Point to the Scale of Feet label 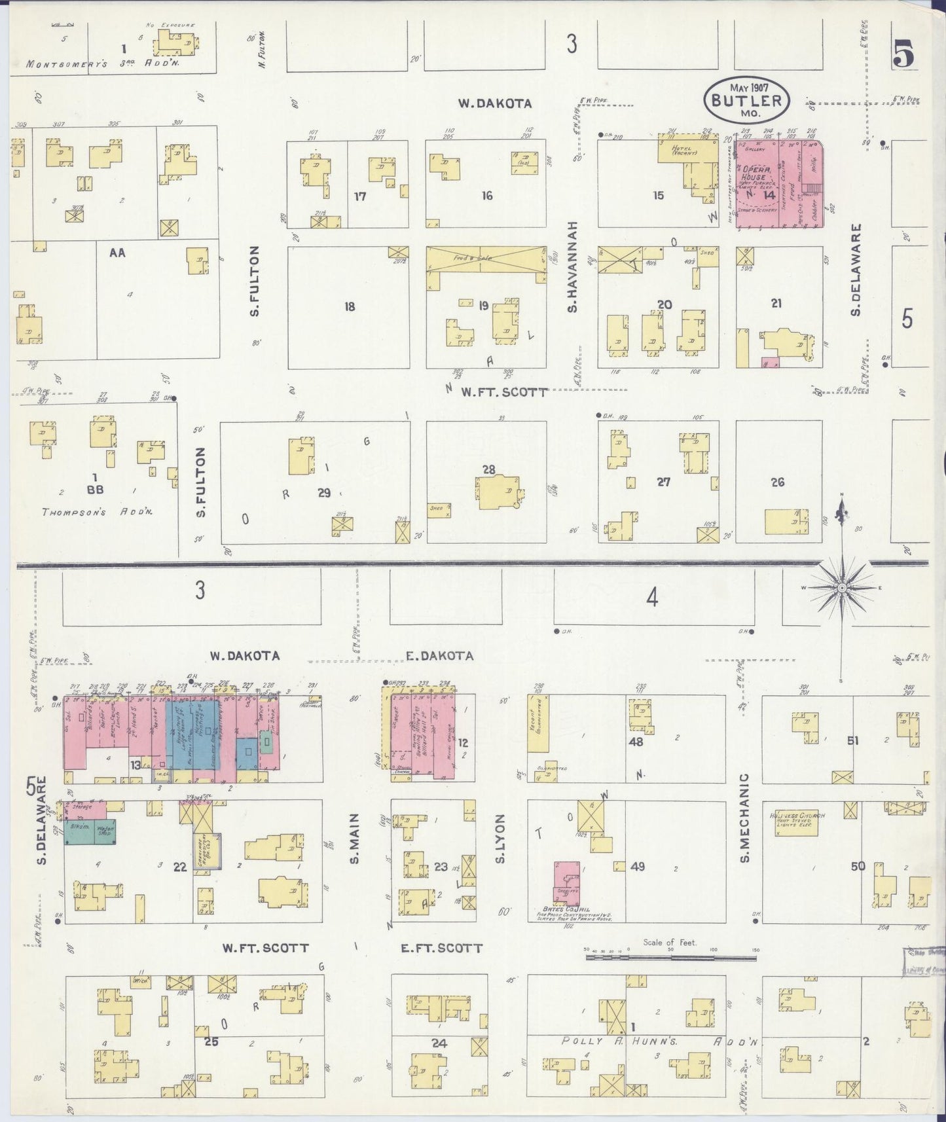tap(669, 943)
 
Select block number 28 tap(488, 469)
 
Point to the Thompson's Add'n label tap(97, 513)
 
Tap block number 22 tap(179, 867)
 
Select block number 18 tap(350, 306)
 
